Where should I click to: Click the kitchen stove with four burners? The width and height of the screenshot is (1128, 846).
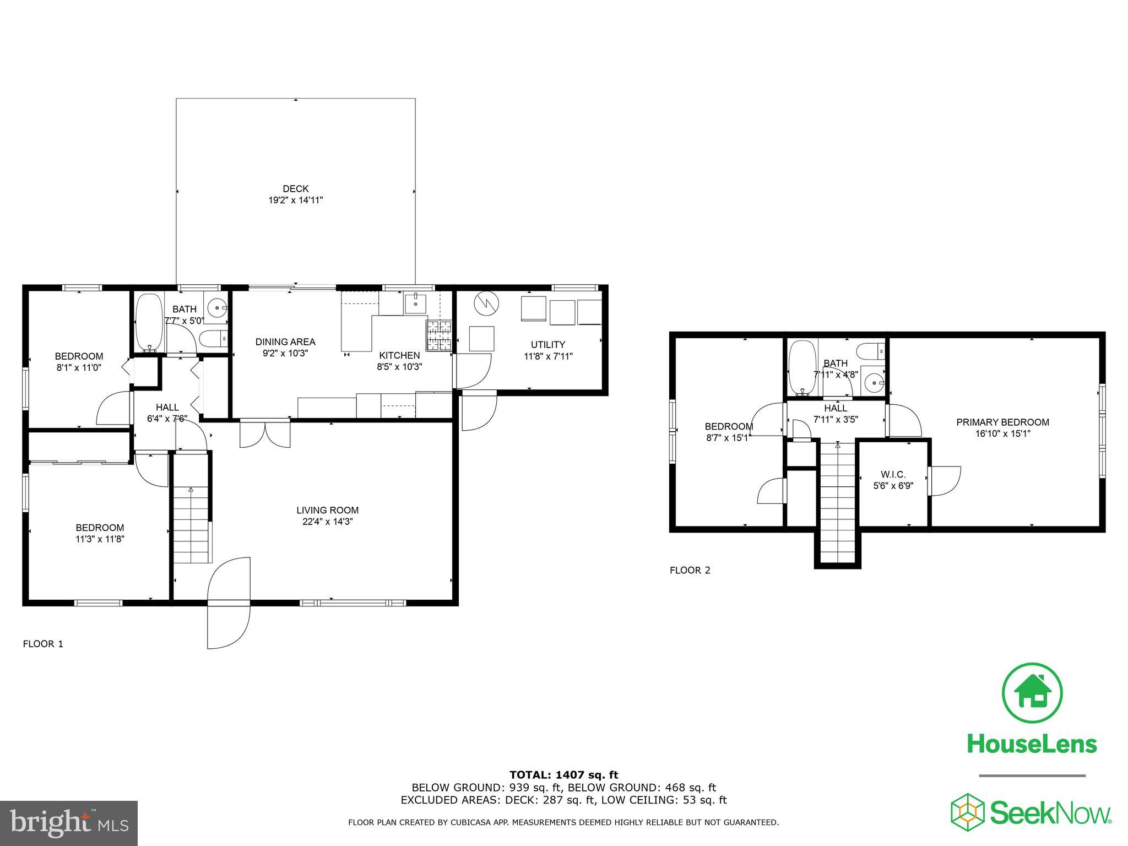(438, 336)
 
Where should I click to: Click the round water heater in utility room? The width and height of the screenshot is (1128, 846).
(486, 303)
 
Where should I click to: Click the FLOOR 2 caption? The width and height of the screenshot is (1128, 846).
(690, 571)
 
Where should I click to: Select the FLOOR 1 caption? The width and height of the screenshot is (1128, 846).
(43, 644)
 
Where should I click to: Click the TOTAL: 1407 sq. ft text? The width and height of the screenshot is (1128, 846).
(563, 775)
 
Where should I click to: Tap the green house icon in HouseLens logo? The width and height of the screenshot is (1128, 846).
(1032, 694)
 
